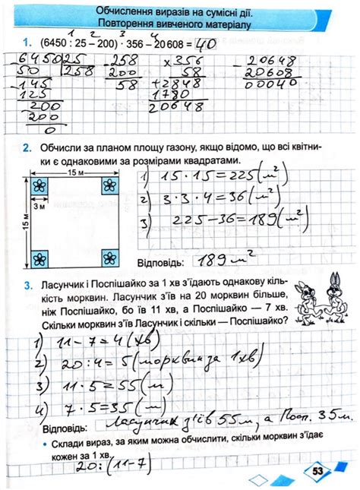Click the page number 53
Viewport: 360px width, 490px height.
point(317,470)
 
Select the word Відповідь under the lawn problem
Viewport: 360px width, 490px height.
point(158,262)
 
